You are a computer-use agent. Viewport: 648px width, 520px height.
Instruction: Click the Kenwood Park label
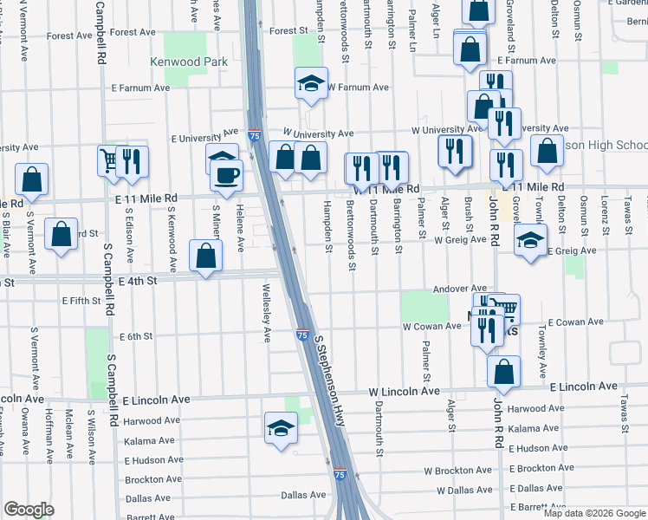pos(189,62)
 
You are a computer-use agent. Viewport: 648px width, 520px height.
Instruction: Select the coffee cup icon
pos(227,175)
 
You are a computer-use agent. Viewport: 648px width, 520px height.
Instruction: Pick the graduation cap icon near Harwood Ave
pos(280,428)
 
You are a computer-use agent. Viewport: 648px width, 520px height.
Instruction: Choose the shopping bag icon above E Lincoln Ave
pos(503,373)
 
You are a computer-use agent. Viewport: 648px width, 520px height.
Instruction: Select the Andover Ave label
pos(460,288)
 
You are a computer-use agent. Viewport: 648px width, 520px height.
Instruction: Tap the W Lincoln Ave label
pos(406,392)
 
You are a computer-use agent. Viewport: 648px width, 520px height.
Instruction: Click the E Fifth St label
pos(81,301)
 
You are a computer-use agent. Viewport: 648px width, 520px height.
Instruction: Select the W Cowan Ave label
pos(431,326)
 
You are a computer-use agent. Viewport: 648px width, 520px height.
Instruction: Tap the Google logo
pos(29,510)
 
